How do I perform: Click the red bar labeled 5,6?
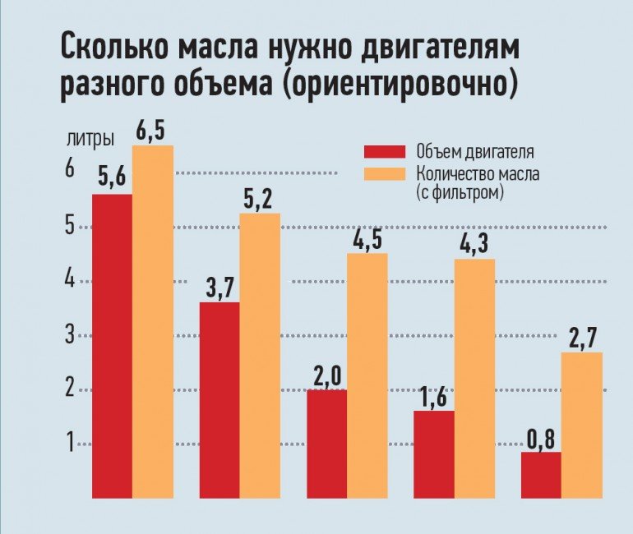112,346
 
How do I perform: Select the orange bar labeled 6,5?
153,321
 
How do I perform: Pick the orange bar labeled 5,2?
260,356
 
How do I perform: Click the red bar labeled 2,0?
326,444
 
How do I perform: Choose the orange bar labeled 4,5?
367,375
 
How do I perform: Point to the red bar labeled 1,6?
434,454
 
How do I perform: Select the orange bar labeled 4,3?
474,379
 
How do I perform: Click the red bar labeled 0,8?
541,475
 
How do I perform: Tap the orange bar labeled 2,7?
581,425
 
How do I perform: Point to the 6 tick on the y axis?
70,170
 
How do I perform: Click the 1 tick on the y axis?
70,444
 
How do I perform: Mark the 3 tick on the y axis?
70,334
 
